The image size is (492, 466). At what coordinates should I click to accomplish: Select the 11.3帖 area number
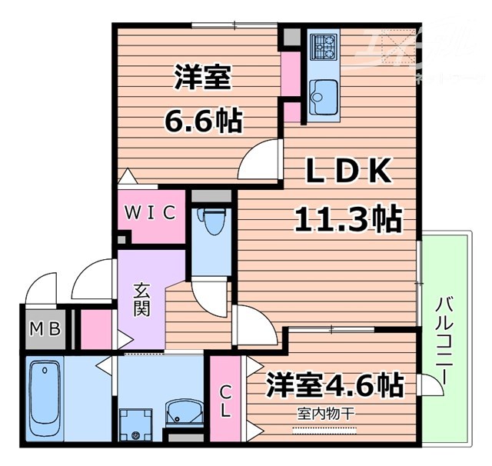(348, 221)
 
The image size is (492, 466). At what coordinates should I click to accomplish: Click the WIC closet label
(151, 212)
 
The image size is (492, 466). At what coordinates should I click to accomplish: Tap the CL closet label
(224, 400)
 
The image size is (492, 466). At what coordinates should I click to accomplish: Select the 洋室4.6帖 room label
(336, 383)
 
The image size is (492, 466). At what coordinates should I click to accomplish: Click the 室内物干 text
(327, 413)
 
